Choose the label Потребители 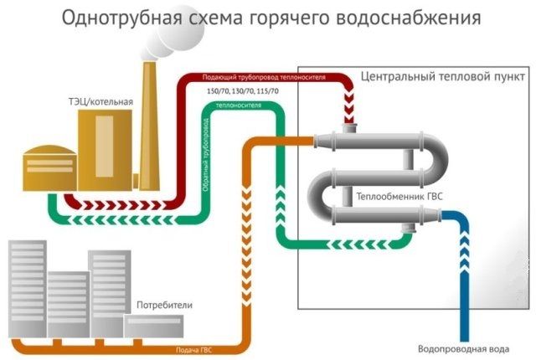coord(164,306)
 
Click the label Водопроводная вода coord(460,348)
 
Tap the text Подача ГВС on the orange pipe coord(194,349)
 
